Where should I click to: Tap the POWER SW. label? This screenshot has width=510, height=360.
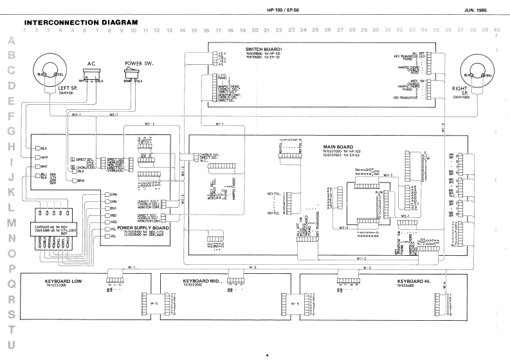pyautogui.click(x=138, y=64)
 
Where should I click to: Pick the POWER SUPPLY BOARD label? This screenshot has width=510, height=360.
pyautogui.click(x=143, y=227)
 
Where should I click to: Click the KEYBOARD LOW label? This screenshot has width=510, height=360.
pyautogui.click(x=64, y=282)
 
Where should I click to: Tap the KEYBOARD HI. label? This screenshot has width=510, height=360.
pyautogui.click(x=414, y=282)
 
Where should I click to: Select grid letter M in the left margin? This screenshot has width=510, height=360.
pyautogui.click(x=11, y=222)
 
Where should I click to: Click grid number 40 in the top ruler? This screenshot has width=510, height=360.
pyautogui.click(x=497, y=30)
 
